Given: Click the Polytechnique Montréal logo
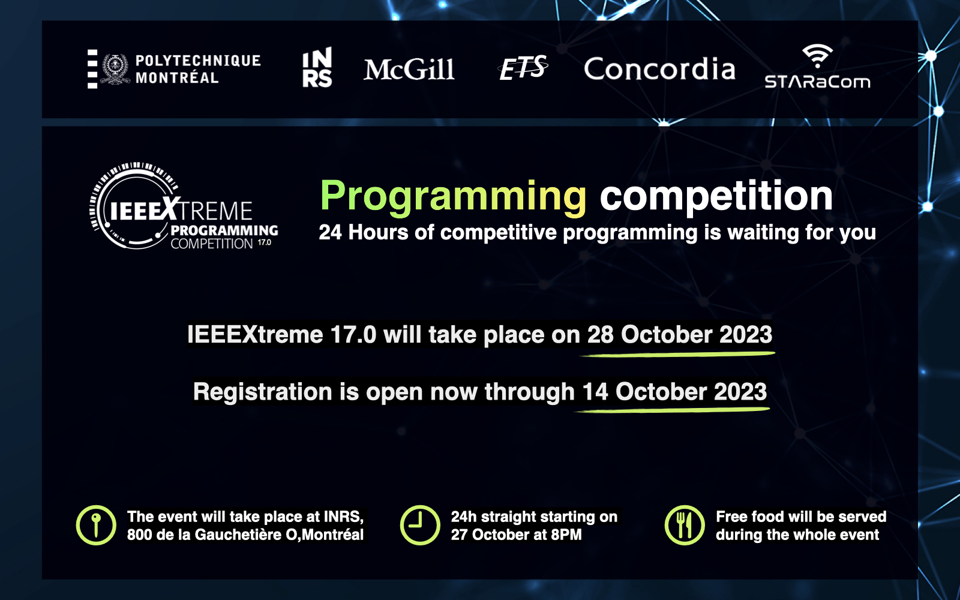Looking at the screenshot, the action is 174,69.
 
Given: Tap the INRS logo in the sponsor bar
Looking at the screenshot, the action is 317,67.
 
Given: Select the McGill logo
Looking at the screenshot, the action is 409,70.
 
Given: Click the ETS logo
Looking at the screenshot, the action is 523,68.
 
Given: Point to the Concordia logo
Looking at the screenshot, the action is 659,68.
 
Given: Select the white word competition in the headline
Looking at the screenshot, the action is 716,196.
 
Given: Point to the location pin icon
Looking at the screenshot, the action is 96,525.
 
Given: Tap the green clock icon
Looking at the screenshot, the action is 420,525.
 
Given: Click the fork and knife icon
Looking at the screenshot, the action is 685,525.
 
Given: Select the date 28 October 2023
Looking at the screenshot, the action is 679,334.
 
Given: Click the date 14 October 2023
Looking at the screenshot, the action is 674,392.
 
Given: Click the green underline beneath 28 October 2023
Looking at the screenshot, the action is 678,354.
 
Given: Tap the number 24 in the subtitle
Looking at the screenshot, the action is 330,232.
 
